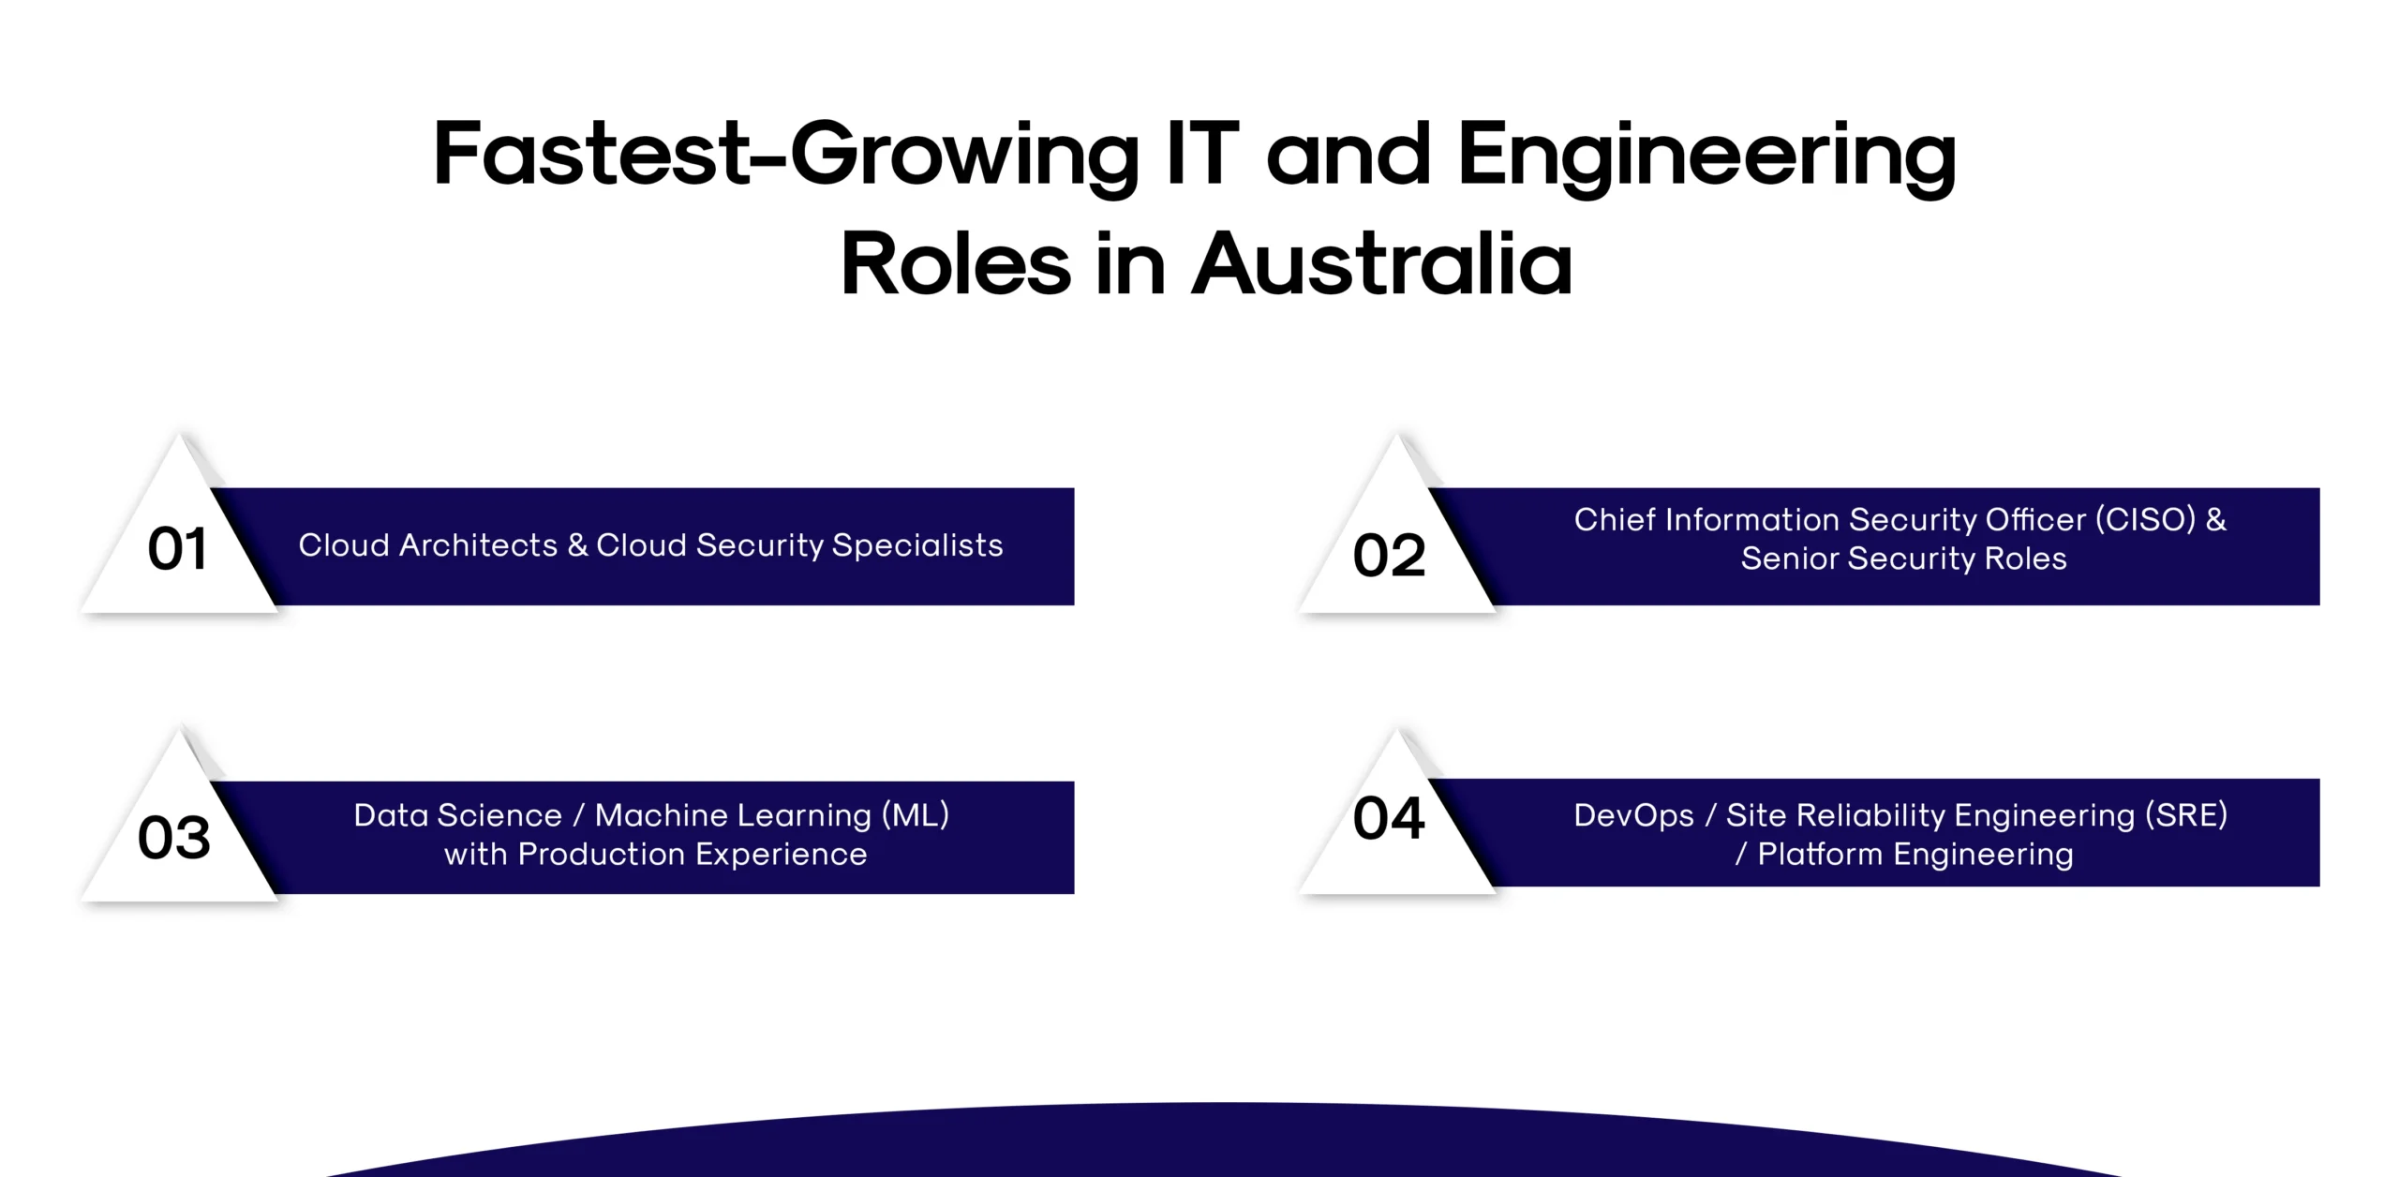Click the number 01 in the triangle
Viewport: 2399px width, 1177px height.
177,549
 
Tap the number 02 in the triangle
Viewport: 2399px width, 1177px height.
1389,556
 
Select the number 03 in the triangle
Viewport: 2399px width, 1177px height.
174,838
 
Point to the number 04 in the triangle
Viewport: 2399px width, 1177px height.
1389,819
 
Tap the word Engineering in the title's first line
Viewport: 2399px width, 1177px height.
1706,156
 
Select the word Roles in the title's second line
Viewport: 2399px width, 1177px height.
955,264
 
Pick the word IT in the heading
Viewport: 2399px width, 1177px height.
1203,154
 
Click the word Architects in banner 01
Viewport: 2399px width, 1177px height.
478,545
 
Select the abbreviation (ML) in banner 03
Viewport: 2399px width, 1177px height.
916,815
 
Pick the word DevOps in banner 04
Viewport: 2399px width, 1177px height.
1633,815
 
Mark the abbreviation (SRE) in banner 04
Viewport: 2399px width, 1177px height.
2185,815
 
